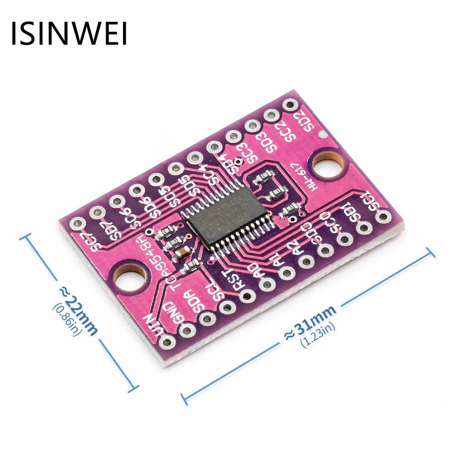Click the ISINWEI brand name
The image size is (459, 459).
(69, 33)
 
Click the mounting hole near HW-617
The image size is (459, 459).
(327, 166)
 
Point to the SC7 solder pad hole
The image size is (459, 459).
(78, 224)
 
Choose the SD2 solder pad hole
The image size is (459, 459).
(290, 105)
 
